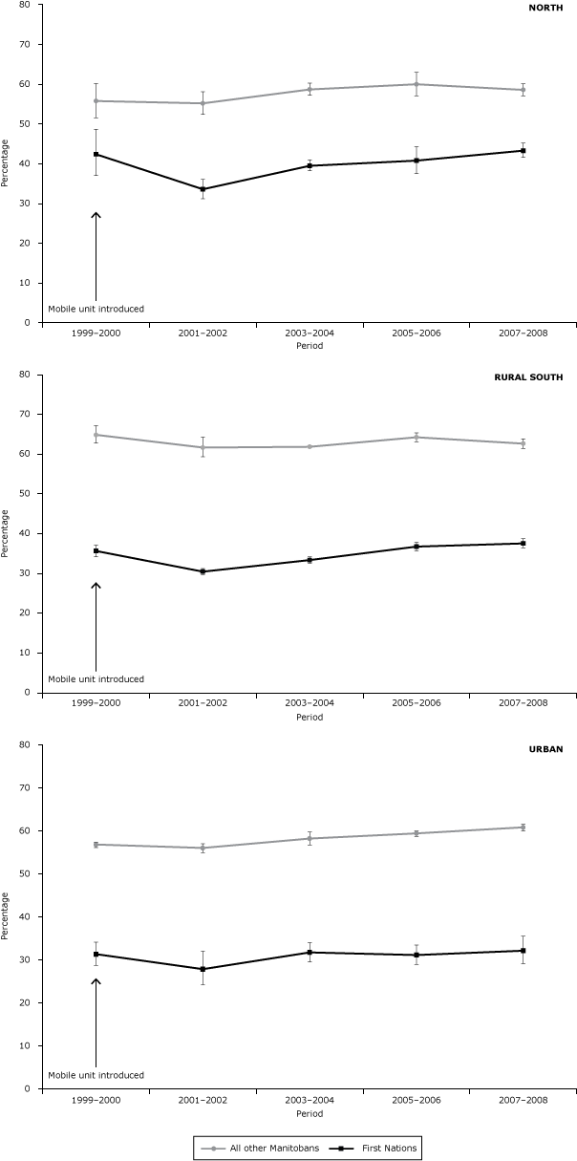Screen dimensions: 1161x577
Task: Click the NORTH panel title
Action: click(x=547, y=8)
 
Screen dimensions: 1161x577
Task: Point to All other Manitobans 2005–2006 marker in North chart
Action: click(x=417, y=84)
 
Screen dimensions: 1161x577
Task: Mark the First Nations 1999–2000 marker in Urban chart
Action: click(x=96, y=954)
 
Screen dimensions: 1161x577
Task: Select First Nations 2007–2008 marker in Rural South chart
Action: click(x=524, y=543)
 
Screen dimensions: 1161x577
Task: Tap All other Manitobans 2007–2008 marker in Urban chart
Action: click(x=524, y=828)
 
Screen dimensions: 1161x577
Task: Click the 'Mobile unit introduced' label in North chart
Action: click(x=96, y=310)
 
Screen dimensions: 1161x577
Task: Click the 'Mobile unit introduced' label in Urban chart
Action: click(x=96, y=1075)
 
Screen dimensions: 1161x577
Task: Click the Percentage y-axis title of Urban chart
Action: click(x=7, y=915)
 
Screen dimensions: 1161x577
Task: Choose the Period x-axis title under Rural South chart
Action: click(x=310, y=717)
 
